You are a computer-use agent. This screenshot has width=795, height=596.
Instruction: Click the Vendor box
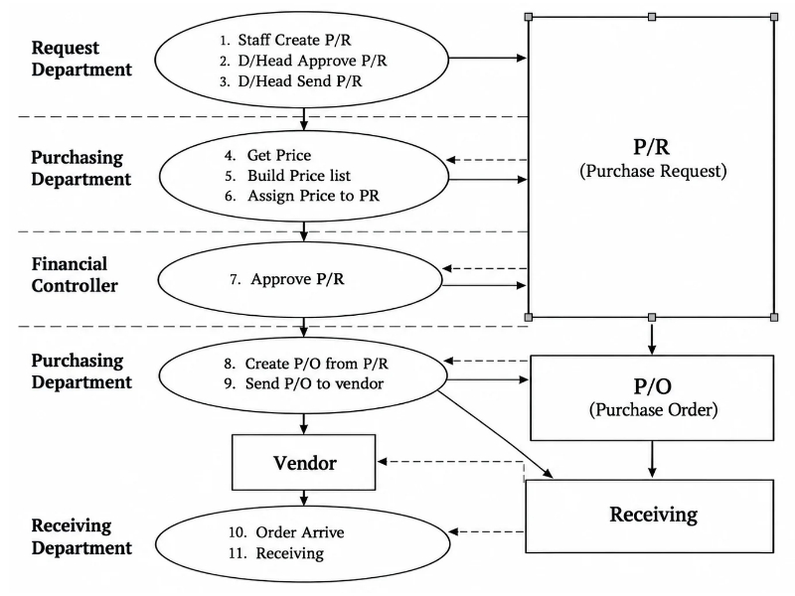tap(304, 462)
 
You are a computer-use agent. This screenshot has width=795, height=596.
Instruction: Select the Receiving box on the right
tap(650, 516)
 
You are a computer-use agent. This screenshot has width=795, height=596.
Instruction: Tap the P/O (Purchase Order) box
tap(652, 398)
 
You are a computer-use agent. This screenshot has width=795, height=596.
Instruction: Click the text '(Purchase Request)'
tap(653, 171)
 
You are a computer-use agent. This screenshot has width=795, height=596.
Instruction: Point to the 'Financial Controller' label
tap(75, 275)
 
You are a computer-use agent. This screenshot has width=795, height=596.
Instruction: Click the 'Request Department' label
tap(81, 59)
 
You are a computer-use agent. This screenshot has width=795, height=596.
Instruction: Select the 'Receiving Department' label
tap(81, 536)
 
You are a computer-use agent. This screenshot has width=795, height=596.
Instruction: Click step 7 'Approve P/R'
tap(287, 279)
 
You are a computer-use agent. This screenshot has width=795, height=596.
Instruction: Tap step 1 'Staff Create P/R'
tap(285, 40)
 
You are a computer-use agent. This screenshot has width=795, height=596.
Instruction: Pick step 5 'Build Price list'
tap(287, 176)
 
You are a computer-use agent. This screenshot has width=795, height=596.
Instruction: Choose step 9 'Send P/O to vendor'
tap(304, 383)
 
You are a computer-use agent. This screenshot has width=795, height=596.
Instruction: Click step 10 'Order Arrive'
tap(286, 532)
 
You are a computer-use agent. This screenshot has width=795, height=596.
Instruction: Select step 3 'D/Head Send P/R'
tap(291, 81)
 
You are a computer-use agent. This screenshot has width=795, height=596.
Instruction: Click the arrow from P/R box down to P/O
tap(652, 336)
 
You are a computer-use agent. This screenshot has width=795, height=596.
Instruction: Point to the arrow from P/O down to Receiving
tap(652, 459)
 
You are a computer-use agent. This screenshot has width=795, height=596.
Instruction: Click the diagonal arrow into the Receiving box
tap(495, 434)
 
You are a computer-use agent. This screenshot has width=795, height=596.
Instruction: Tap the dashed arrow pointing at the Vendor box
tap(450, 462)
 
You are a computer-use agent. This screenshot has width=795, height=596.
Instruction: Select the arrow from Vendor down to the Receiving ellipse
tap(304, 499)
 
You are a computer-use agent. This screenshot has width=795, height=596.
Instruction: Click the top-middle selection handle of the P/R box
tap(652, 17)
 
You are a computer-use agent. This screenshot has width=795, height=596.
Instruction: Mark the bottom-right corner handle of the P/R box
tap(774, 317)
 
